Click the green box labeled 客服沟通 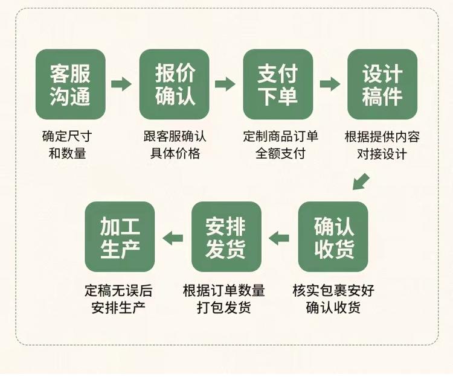71,84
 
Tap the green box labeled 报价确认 175,84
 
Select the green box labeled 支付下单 278,84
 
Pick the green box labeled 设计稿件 382,84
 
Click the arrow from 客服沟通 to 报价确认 121,84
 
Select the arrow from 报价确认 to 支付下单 225,84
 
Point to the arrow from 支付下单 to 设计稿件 330,84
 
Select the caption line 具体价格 175,153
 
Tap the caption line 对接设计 382,154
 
